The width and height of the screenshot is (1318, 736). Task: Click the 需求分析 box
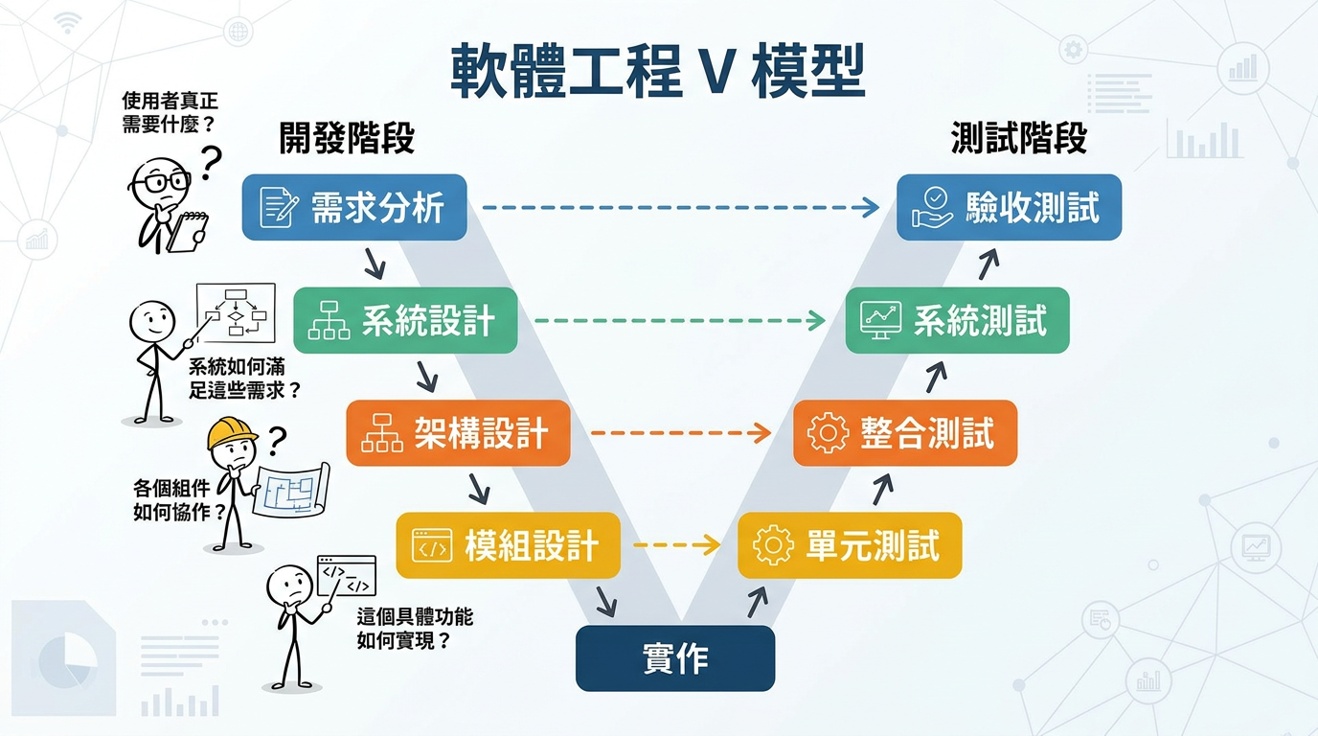click(x=353, y=207)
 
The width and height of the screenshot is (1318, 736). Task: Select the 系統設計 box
click(x=405, y=320)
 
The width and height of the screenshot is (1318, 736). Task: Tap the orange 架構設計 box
click(x=458, y=433)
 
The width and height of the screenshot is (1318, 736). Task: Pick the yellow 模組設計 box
click(x=508, y=545)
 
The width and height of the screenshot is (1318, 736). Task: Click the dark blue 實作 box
click(x=674, y=658)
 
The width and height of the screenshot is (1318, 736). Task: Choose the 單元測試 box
click(x=849, y=545)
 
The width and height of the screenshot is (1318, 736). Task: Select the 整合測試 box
click(x=905, y=433)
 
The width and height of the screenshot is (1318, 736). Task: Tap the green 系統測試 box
click(x=957, y=320)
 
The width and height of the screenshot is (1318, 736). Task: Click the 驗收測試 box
click(x=1009, y=207)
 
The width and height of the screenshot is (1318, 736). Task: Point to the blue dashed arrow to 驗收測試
click(x=680, y=207)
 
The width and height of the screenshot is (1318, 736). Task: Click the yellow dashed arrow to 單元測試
click(x=676, y=545)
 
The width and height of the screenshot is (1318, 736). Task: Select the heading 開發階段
click(x=347, y=139)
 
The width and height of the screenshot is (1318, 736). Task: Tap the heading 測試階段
click(x=1019, y=139)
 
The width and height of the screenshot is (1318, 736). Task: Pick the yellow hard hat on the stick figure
click(x=232, y=432)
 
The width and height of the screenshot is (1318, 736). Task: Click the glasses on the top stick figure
click(x=161, y=179)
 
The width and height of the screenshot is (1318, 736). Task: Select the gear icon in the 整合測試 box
click(x=828, y=433)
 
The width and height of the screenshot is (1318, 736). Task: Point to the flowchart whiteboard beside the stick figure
click(x=236, y=311)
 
